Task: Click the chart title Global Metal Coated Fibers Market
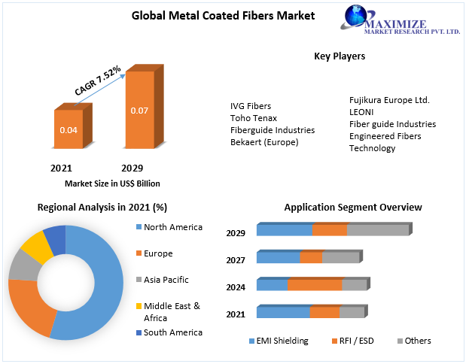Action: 212,15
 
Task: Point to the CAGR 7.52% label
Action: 97,81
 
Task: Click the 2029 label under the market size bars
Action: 132,168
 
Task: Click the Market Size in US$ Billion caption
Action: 112,184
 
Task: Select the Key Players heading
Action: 340,56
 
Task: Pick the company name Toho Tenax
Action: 254,118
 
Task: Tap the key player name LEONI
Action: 362,112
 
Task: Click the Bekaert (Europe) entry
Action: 264,141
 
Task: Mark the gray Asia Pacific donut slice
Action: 23,264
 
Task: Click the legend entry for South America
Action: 172,332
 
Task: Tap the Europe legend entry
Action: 157,253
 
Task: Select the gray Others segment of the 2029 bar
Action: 378,230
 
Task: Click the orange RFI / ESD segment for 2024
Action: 315,285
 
